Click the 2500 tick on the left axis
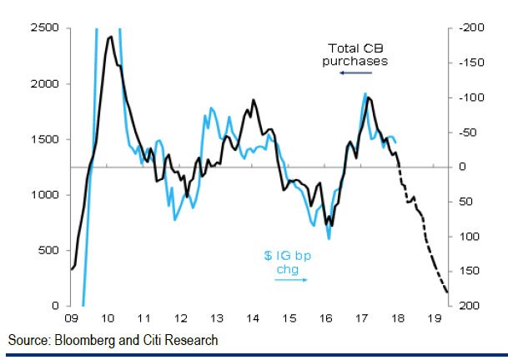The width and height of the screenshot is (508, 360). pyautogui.click(x=43, y=27)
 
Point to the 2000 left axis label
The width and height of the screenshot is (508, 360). pyautogui.click(x=43, y=83)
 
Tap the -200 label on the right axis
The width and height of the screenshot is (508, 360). pyautogui.click(x=465, y=27)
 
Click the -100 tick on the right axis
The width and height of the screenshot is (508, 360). pyautogui.click(x=465, y=97)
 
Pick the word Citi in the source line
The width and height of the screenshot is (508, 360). pyautogui.click(x=158, y=340)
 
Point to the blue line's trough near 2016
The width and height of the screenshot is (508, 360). pyautogui.click(x=329, y=239)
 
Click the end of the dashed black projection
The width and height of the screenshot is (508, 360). pyautogui.click(x=447, y=292)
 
